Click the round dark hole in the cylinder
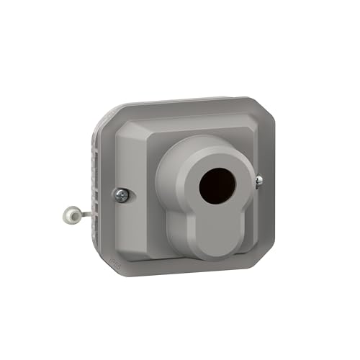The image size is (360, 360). coord(214,186)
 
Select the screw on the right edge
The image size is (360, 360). coord(258,181)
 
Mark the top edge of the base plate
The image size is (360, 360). coord(180,102)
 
